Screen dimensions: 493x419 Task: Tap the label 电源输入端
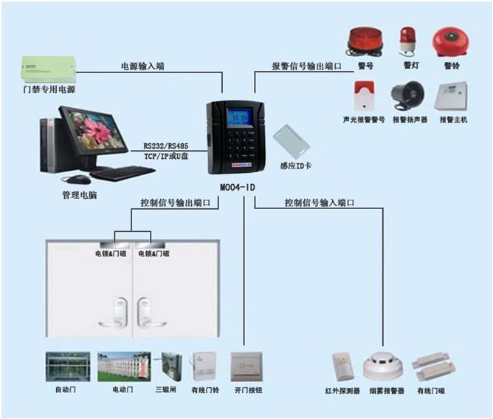click(142, 66)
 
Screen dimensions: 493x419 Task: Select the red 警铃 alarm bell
click(450, 42)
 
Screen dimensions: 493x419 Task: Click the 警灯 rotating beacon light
click(407, 42)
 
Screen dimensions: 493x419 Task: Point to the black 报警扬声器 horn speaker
click(407, 96)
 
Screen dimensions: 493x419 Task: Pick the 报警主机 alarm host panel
click(451, 96)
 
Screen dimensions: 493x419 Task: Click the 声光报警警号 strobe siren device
click(365, 96)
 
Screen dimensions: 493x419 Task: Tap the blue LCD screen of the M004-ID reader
click(239, 118)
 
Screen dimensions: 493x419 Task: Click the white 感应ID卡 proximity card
click(292, 142)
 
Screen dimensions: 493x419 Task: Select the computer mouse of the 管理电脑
click(76, 180)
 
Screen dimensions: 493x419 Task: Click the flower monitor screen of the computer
click(93, 130)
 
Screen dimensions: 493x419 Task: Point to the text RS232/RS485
click(166, 146)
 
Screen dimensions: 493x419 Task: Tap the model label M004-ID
click(238, 188)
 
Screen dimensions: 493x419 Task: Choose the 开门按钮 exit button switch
click(246, 367)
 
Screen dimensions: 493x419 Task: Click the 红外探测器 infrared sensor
click(342, 367)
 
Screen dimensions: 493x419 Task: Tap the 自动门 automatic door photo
click(68, 367)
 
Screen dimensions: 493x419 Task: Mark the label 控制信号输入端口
click(320, 202)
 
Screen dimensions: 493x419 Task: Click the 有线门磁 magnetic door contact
click(433, 367)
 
